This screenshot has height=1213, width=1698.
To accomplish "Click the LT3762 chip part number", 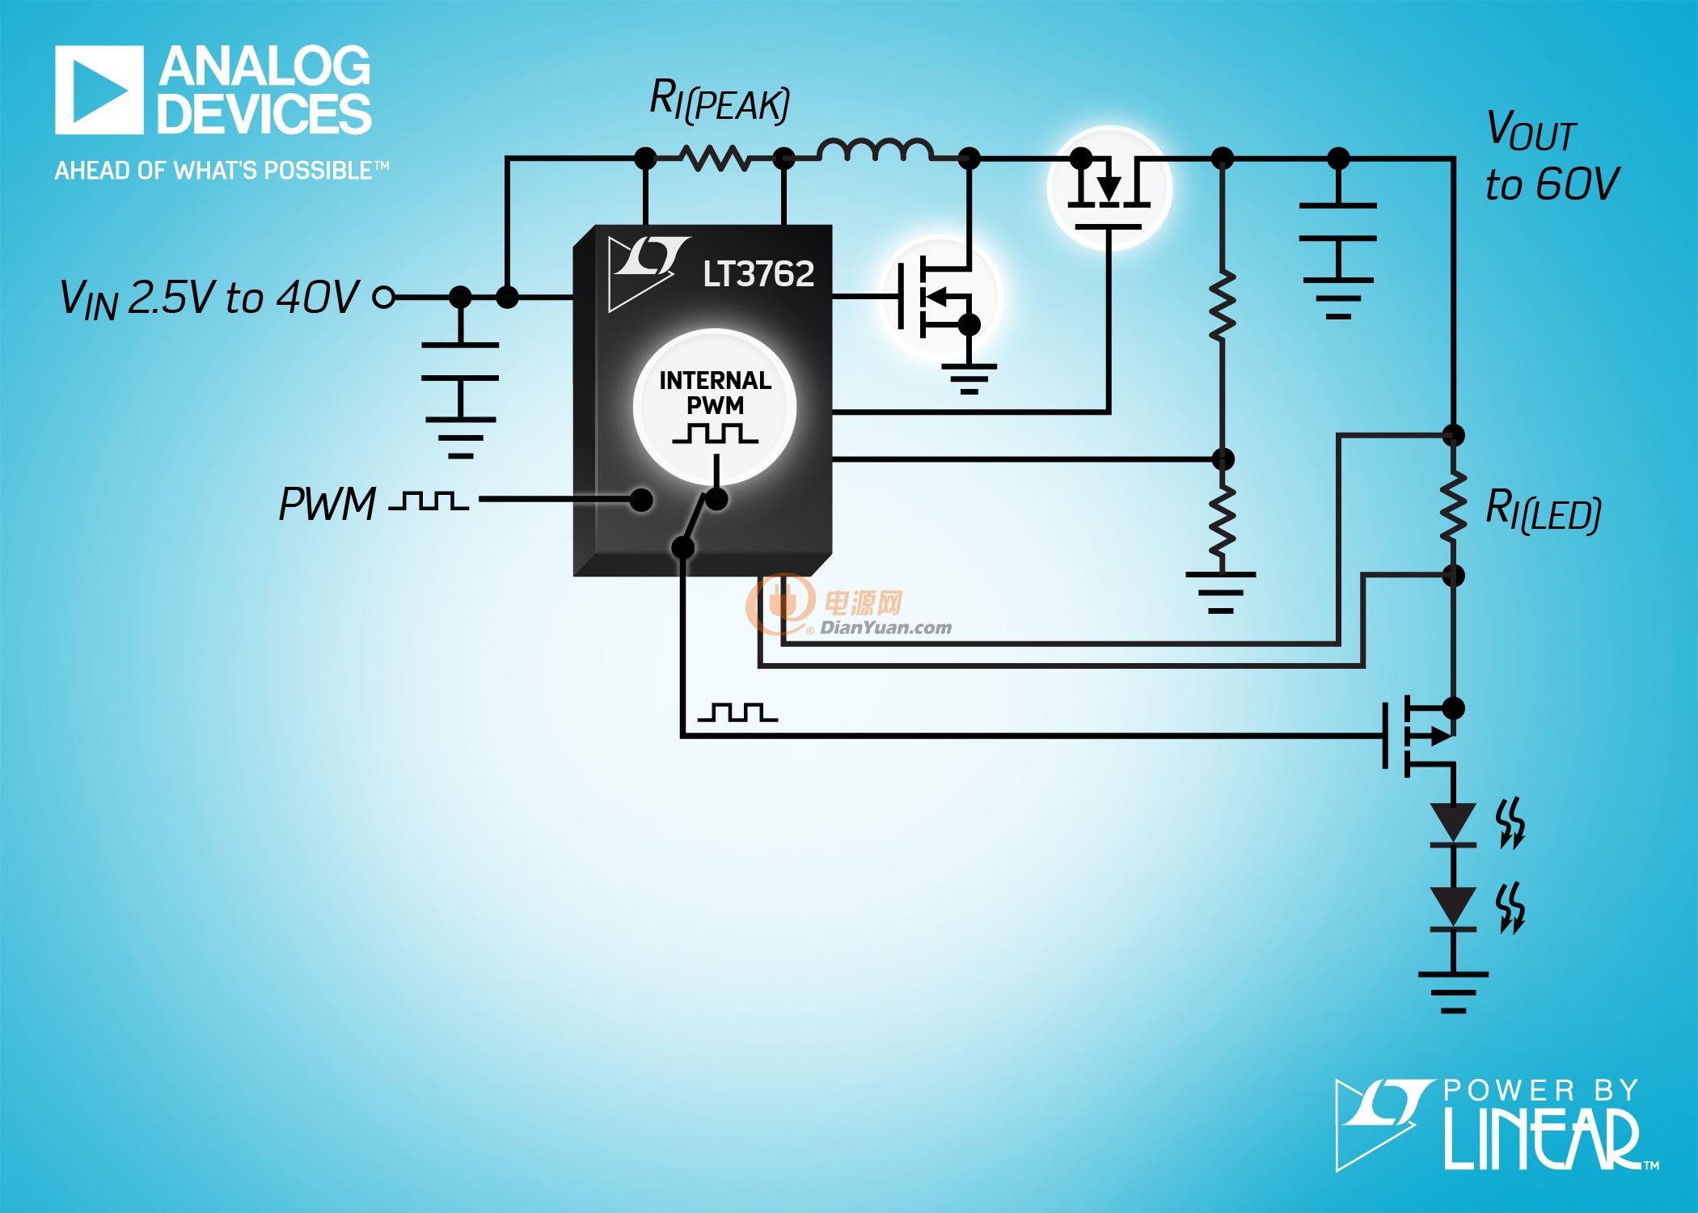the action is click(758, 274).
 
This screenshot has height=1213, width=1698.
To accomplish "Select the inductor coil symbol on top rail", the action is click(875, 150).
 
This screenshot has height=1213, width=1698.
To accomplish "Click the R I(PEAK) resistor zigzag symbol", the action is click(715, 158).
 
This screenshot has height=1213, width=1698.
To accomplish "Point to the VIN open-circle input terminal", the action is click(384, 298).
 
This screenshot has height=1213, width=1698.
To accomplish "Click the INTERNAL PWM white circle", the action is click(715, 409).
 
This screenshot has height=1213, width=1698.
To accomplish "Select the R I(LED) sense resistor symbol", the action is click(1453, 506).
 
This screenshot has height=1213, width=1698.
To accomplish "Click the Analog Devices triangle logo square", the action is click(99, 89).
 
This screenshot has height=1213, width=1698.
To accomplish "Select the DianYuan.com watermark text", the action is click(886, 627).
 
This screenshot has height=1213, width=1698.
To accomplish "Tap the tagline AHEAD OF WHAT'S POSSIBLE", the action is click(222, 171).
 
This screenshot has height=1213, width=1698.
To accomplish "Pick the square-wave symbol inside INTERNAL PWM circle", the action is click(715, 433).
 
